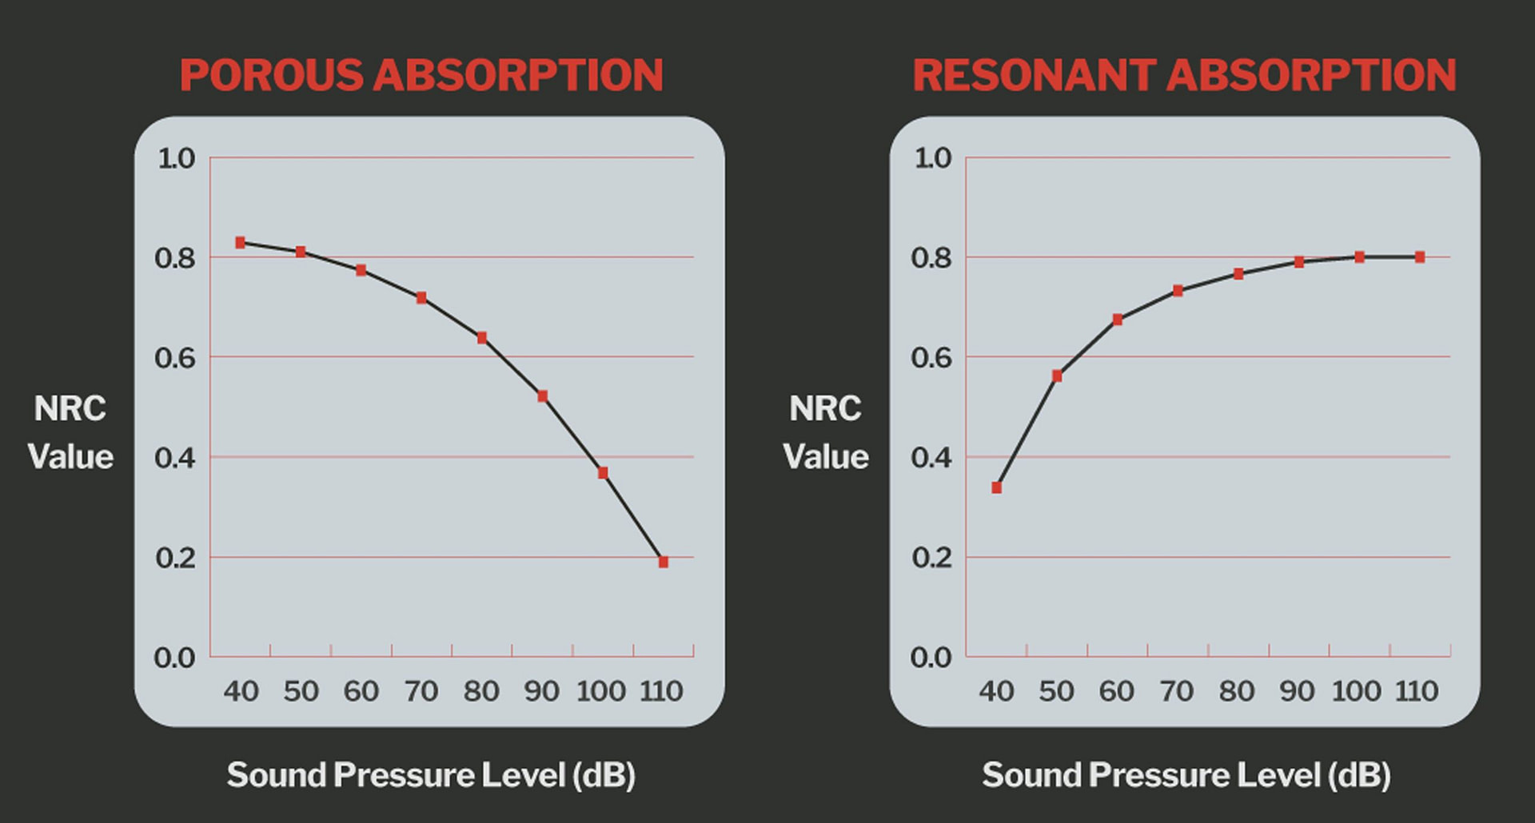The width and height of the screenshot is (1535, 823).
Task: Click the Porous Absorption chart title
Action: [x=421, y=75]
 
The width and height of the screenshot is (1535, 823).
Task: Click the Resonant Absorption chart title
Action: [x=1184, y=75]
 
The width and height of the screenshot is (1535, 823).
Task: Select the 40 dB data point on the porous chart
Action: [x=240, y=243]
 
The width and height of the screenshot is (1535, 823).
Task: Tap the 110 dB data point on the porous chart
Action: [x=663, y=563]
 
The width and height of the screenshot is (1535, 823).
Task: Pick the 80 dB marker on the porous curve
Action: [x=482, y=338]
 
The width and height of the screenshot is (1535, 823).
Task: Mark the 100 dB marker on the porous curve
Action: [x=603, y=473]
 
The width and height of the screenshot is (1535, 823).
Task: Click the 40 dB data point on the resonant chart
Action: [x=996, y=487]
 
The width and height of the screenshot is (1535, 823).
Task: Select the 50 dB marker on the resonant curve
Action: [x=1057, y=376]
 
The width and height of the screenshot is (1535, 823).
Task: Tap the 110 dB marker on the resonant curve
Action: [x=1420, y=257]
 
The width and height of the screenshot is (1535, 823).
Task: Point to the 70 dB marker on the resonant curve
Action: [x=1178, y=291]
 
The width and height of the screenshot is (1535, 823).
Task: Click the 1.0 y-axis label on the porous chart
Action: [x=176, y=158]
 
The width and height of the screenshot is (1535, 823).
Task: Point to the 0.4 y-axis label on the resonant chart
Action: [x=931, y=458]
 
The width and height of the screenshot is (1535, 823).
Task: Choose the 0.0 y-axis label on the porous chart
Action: [x=174, y=658]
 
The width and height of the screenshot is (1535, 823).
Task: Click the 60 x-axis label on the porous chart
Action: [x=361, y=691]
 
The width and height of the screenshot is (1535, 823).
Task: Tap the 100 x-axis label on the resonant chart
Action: [x=1356, y=691]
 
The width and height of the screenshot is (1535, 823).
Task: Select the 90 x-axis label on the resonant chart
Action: [x=1297, y=691]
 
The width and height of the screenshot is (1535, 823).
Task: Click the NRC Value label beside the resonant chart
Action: [x=825, y=432]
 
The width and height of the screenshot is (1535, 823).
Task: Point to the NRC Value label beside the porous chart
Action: [x=70, y=432]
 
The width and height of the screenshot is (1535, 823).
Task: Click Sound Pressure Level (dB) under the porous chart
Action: [x=431, y=775]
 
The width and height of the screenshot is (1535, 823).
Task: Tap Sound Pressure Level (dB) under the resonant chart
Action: [x=1186, y=775]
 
